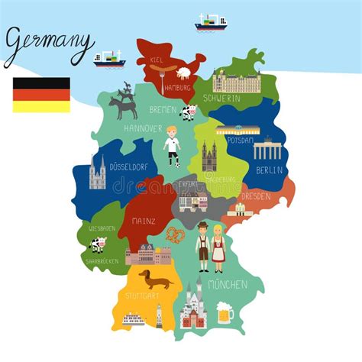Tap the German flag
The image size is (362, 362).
[x=41, y=95]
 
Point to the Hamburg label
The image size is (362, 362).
[x=176, y=87]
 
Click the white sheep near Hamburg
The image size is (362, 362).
[x=184, y=73]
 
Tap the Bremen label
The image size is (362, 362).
[x=163, y=109]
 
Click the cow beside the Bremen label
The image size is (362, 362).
[x=189, y=112]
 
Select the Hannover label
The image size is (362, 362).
[x=142, y=128]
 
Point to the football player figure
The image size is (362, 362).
[x=172, y=146]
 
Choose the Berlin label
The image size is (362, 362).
[x=269, y=170]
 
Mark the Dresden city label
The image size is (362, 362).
[x=255, y=196]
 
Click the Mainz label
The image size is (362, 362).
[x=143, y=221]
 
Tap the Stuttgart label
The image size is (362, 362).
[x=142, y=296]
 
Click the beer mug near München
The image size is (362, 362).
[x=225, y=312]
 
